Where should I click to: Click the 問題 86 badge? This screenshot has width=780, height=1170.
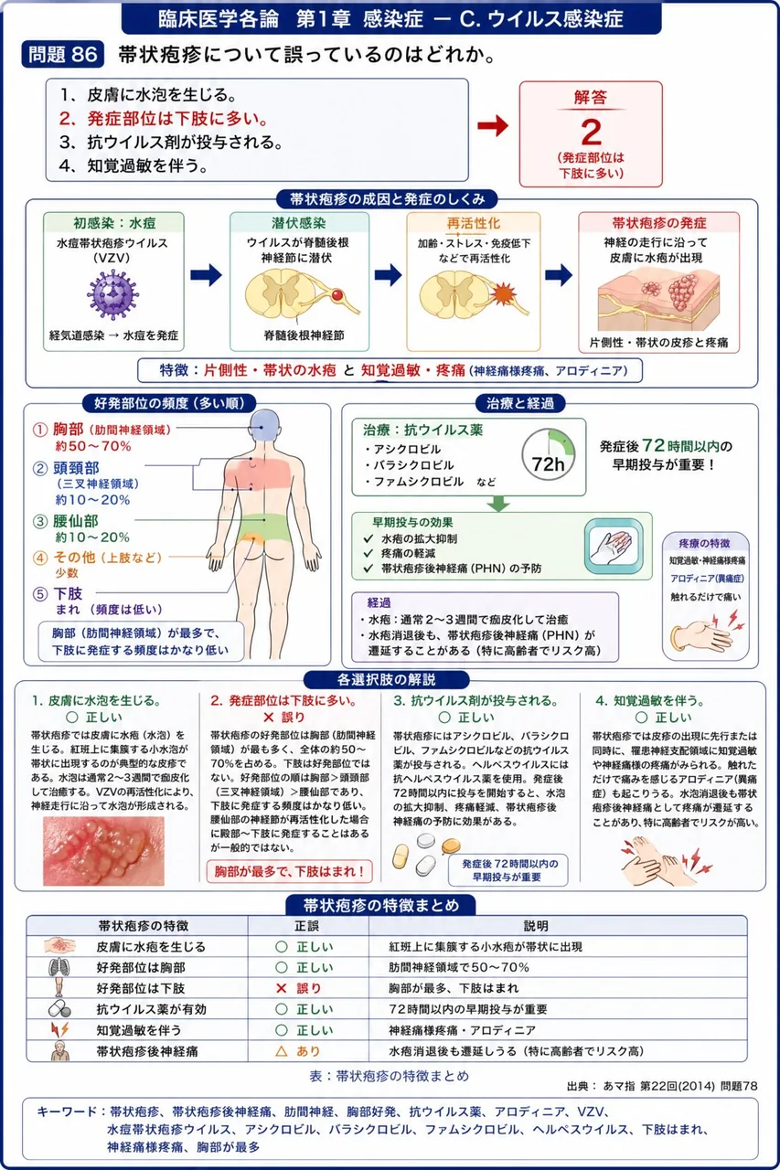pos(63,54)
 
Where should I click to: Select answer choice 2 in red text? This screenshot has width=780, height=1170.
pos(163,119)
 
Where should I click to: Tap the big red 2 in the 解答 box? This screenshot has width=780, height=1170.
pos(591,133)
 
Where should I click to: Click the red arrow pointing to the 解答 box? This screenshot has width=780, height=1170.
pos(493,125)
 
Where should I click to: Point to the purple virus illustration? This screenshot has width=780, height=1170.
pos(112,294)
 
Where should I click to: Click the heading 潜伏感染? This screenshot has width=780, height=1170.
pos(299,223)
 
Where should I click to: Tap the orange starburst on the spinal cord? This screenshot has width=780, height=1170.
pos(504,293)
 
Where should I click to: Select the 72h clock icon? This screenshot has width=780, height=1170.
pos(549,455)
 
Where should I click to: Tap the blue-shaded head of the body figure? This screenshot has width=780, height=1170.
pos(264,426)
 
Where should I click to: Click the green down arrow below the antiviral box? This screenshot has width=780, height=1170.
pos(498,504)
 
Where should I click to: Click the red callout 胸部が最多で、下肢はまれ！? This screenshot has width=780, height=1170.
pos(290,871)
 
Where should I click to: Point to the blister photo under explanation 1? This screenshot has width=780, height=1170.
pos(103,851)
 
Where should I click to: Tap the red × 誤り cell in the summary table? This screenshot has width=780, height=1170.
pos(299,988)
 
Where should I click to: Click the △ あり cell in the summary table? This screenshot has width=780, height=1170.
pos(298,1051)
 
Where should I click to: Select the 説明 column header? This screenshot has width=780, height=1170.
pos(536,926)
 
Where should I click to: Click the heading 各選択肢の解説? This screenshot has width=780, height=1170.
pos(387,679)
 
